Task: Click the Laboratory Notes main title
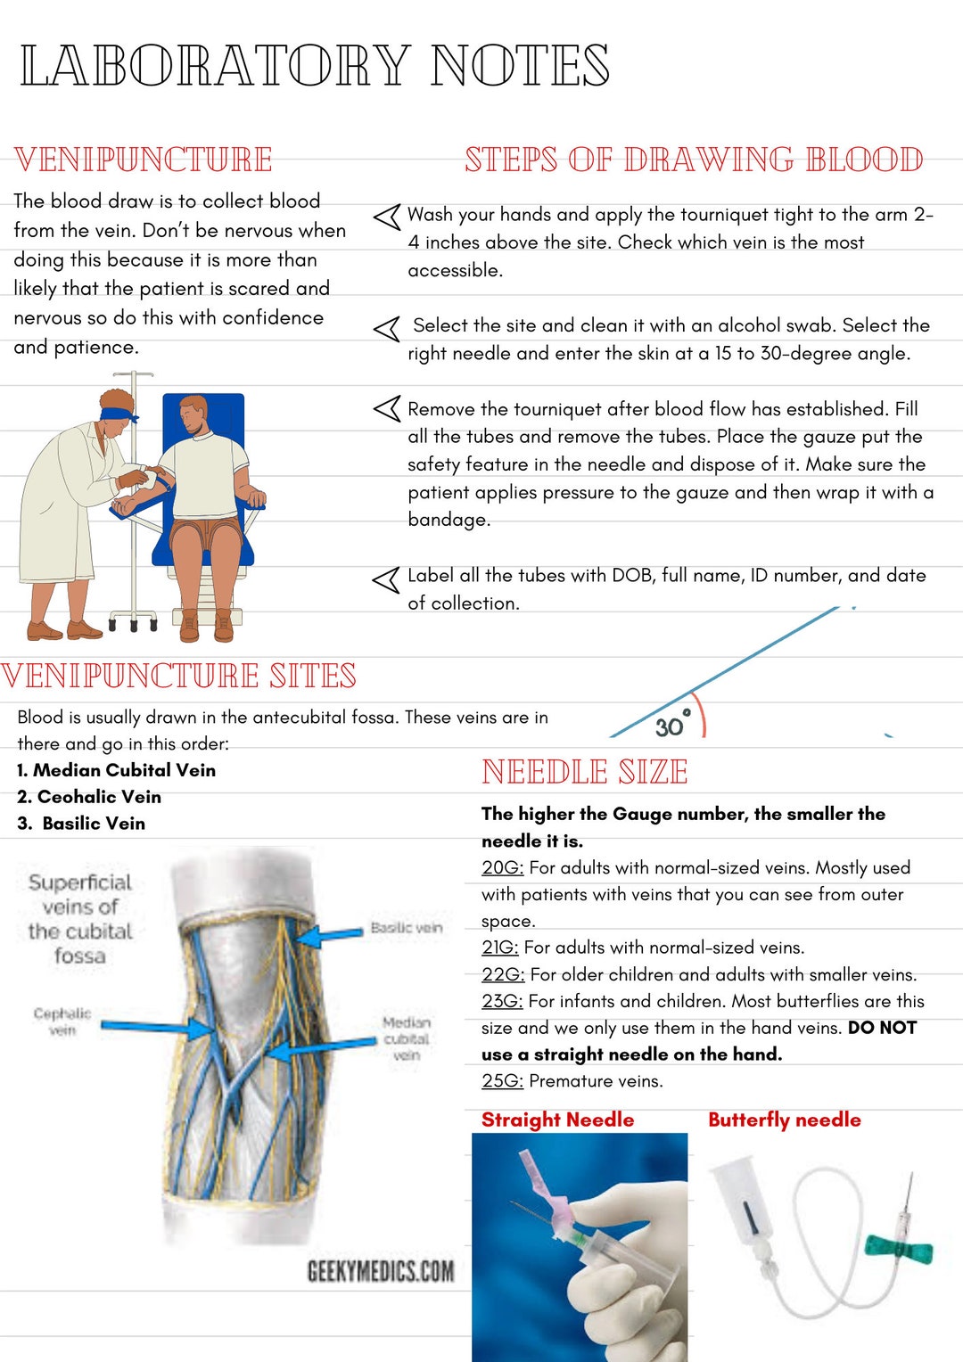tap(315, 66)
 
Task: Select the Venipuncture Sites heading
tap(179, 676)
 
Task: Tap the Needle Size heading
tap(585, 772)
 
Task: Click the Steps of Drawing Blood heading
tap(694, 160)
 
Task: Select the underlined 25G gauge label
tap(502, 1080)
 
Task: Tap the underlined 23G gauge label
tap(502, 1001)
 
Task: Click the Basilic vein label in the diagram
tap(407, 928)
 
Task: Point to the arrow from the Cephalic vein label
tap(155, 1027)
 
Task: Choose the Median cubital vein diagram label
tap(407, 1038)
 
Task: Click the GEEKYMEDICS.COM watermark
tap(381, 1271)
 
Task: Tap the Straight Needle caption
tap(557, 1120)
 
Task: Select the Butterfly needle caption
tap(785, 1120)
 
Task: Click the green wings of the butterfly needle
tap(899, 1250)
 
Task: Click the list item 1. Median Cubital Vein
tap(116, 770)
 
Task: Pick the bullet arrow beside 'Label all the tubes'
tap(386, 580)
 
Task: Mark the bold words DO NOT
tap(882, 1028)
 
